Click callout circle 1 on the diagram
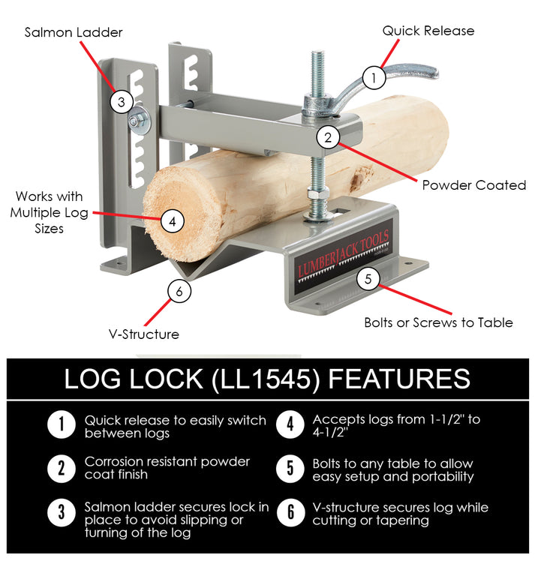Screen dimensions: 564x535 (x=374, y=76)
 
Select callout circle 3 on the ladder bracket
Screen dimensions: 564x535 (x=122, y=101)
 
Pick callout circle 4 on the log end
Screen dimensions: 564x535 (x=173, y=221)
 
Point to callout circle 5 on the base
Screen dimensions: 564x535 (x=368, y=279)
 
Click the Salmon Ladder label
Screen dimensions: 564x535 (x=74, y=32)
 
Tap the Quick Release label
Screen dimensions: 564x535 (x=428, y=31)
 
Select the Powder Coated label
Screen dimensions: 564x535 (x=474, y=185)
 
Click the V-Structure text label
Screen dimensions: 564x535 (x=143, y=334)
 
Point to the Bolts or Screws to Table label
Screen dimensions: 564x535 (x=439, y=322)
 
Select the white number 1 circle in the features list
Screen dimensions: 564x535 (x=61, y=425)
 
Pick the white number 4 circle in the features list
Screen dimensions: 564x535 (x=290, y=425)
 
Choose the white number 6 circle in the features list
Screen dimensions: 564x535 (x=290, y=514)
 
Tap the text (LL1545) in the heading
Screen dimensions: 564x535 (x=266, y=378)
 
